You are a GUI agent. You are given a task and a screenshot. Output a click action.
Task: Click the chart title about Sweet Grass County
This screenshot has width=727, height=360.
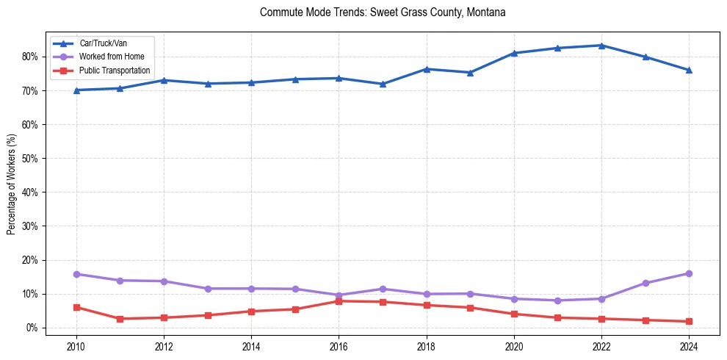tap(383, 12)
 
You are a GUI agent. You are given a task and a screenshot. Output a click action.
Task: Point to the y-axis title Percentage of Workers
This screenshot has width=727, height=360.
tap(12, 184)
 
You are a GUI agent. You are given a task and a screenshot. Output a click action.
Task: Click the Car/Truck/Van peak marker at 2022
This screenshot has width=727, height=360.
tap(601, 46)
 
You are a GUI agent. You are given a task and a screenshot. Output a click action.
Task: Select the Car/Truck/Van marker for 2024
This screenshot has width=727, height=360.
tap(689, 71)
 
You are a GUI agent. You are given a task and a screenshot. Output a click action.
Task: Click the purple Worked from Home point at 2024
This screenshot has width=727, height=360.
tap(689, 273)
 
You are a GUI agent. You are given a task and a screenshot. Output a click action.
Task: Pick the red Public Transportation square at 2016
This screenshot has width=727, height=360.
tap(339, 301)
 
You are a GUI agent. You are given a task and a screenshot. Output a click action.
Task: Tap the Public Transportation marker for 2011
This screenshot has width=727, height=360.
tap(120, 319)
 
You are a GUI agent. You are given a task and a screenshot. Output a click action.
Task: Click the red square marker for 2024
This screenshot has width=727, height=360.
tap(689, 321)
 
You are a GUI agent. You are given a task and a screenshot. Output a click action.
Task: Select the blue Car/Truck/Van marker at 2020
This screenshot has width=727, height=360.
tap(514, 53)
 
